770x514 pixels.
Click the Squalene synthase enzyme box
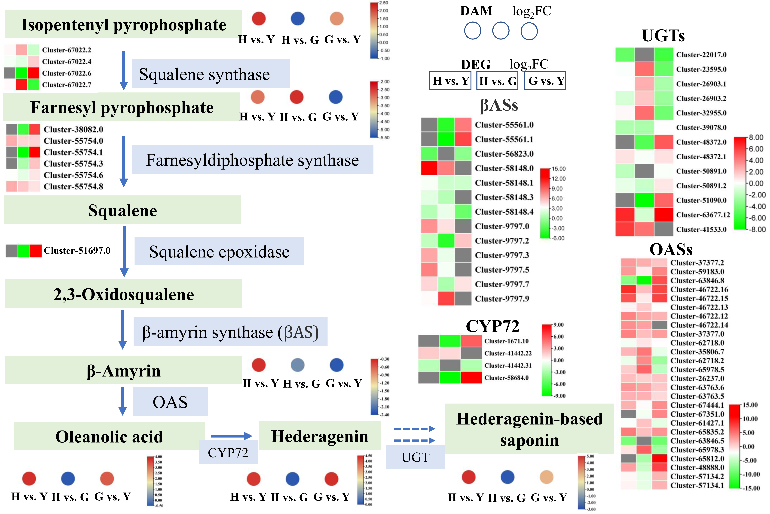point(210,74)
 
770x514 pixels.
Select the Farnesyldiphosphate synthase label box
point(252,160)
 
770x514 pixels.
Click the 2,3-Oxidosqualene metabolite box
point(123,294)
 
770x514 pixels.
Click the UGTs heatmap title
point(663,35)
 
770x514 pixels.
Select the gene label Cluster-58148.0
point(504,168)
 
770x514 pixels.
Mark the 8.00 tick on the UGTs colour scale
point(756,137)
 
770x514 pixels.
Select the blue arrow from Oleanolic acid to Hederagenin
point(231,436)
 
